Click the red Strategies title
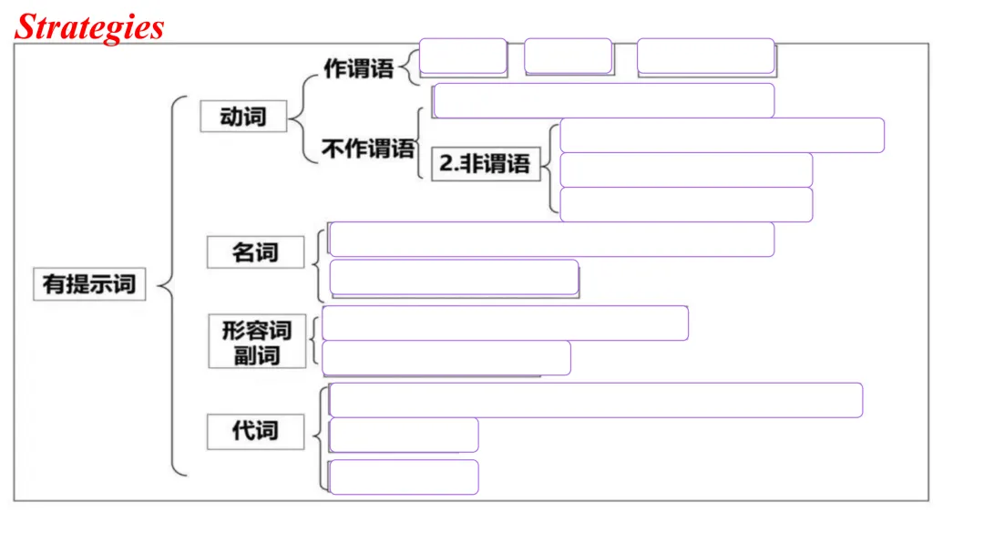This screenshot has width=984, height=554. point(89,27)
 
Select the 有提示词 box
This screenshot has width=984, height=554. point(89,283)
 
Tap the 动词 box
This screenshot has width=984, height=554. point(243,116)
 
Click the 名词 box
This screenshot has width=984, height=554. point(255,252)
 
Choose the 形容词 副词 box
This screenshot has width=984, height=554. point(257,342)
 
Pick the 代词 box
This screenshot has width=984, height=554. point(255,431)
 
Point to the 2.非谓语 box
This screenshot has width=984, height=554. point(486,164)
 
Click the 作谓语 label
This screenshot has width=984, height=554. point(359,68)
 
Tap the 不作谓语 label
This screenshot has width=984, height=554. point(368,149)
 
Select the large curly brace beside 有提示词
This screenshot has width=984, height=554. point(172,285)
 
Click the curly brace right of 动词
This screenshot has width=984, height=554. point(303,118)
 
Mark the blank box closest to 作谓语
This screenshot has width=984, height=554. point(463,56)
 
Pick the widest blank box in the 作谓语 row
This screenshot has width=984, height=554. point(706,56)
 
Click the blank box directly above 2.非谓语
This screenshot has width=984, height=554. point(604,100)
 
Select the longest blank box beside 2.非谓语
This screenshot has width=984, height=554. point(723,136)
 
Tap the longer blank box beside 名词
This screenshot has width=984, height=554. point(551,239)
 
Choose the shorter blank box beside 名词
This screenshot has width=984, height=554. point(454,277)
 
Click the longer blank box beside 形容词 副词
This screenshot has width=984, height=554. point(505,323)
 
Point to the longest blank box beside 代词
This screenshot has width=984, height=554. point(596,400)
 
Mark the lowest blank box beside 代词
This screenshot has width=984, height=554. point(404,477)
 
